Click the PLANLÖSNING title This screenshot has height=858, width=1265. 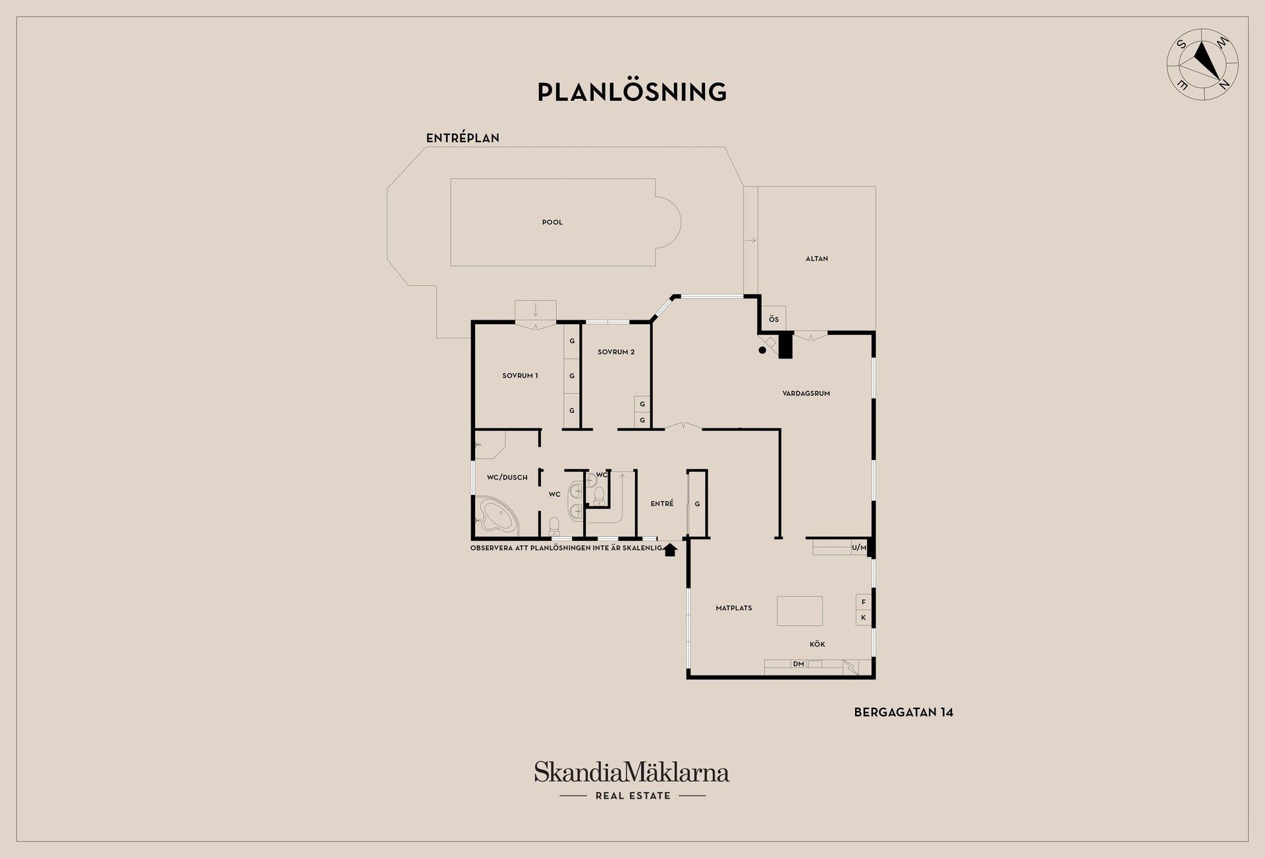[632, 92]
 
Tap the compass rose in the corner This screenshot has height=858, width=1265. [1202, 64]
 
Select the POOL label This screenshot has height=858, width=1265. [552, 223]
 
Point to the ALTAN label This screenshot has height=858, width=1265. [816, 259]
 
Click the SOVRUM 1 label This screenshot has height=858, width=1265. [520, 376]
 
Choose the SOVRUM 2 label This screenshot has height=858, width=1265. [616, 352]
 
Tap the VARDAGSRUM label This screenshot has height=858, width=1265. [806, 393]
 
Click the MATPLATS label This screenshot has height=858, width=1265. [733, 608]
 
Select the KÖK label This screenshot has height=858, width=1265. [817, 644]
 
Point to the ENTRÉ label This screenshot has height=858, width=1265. [661, 503]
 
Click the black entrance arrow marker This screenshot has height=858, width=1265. [670, 549]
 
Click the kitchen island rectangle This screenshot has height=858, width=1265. [800, 611]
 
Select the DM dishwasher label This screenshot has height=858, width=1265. [799, 664]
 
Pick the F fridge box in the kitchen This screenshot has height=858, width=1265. [863, 602]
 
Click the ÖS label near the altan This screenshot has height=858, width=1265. [773, 320]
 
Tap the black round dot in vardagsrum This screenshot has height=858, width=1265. [762, 351]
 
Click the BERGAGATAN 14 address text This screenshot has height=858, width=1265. [903, 712]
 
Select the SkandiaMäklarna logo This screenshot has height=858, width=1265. [632, 780]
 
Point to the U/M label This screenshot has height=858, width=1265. [858, 548]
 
